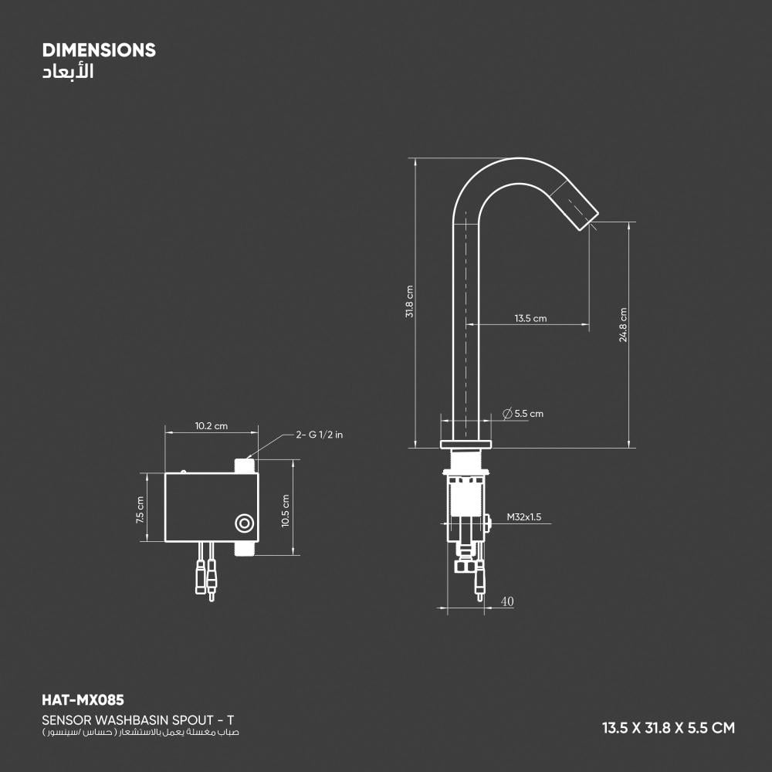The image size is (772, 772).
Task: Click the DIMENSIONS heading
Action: [x=99, y=50]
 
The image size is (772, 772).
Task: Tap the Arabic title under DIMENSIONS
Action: [x=68, y=72]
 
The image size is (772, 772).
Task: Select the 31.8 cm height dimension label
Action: [x=410, y=302]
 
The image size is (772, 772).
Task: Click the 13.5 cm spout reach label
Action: [x=530, y=319]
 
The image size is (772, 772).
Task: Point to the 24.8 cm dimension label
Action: [x=623, y=325]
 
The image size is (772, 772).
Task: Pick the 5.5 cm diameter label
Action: [x=523, y=414]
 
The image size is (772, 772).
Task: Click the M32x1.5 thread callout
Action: [x=524, y=517]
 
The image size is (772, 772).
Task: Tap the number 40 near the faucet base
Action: [x=507, y=601]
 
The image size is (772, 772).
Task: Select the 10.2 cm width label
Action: [x=212, y=426]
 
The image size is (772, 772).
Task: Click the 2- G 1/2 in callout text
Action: [x=319, y=435]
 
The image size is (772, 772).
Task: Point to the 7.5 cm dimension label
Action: [x=141, y=510]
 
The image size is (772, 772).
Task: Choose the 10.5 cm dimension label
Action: [x=286, y=511]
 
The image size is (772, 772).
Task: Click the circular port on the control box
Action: [x=245, y=523]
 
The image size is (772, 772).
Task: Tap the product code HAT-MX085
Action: [x=83, y=700]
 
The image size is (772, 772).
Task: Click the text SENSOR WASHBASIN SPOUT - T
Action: [x=138, y=720]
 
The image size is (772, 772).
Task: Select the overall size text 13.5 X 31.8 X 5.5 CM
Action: [x=669, y=728]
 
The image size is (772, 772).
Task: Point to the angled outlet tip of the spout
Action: [x=587, y=220]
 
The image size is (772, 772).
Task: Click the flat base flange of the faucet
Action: [x=466, y=445]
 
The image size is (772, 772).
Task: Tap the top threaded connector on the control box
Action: [x=244, y=466]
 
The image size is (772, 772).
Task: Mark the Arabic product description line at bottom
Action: [x=141, y=733]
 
